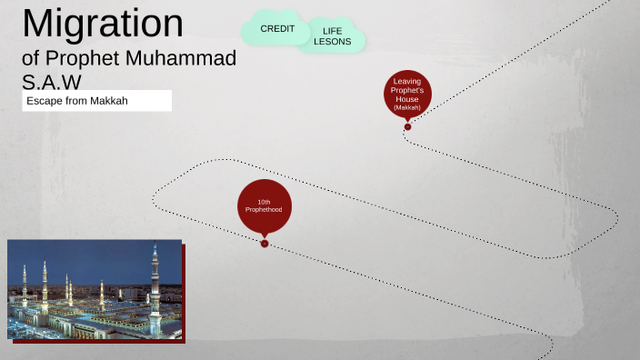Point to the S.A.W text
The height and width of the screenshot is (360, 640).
(51, 82)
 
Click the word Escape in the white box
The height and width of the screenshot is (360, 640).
(44, 101)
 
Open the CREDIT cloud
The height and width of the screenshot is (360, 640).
(277, 29)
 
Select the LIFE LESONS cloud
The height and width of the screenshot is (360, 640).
(332, 36)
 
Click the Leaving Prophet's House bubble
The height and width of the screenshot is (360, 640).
(407, 94)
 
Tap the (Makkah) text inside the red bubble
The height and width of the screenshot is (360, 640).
(407, 107)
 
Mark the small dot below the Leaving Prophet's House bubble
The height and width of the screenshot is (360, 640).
(407, 126)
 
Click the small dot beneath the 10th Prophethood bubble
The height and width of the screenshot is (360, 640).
(265, 243)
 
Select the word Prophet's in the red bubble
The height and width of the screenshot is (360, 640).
(407, 90)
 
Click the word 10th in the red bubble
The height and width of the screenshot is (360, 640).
(264, 201)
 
